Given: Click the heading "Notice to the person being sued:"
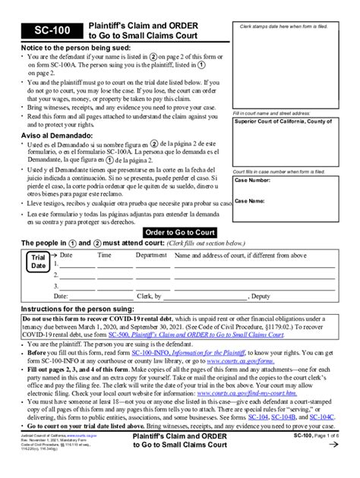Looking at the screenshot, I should point(69,48).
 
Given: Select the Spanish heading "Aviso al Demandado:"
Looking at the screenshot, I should point(52,134).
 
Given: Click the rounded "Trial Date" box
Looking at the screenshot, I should point(36,263).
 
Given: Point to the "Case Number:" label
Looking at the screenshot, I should point(255,181).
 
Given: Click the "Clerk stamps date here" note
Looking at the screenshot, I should point(292,27).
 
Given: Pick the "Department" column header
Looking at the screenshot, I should point(151,256).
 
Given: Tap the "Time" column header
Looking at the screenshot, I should point(104,256).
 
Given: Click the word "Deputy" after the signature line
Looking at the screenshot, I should point(261,296).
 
